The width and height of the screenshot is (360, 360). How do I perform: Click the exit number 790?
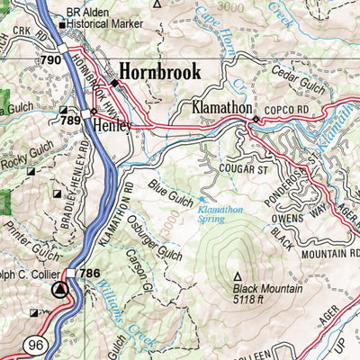click(50, 60)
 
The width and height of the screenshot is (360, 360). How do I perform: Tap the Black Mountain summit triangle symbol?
click(238, 277)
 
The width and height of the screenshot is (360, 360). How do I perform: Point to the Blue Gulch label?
click(170, 191)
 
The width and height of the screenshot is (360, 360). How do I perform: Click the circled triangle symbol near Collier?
click(60, 290)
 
